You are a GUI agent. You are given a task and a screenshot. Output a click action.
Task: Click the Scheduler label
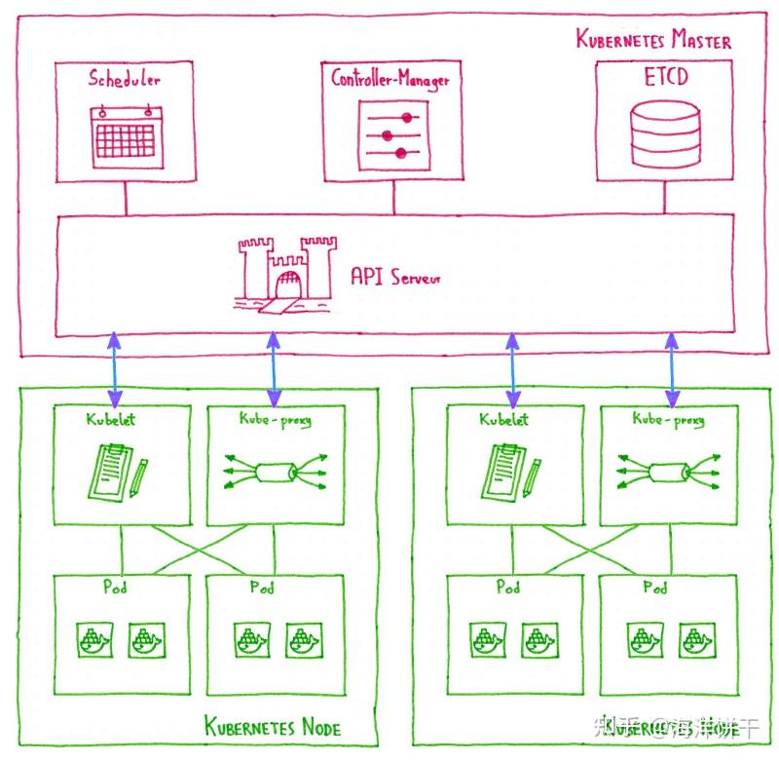[x=125, y=79]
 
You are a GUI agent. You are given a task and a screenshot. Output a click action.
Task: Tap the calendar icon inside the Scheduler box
[x=124, y=134]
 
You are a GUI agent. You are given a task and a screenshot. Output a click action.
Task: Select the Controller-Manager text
[x=389, y=79]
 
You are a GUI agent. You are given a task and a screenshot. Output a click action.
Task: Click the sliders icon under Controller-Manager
[x=392, y=134]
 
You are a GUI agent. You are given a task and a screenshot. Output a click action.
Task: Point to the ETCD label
[x=665, y=76]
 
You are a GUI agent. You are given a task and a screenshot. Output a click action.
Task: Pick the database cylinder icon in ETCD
[x=665, y=135]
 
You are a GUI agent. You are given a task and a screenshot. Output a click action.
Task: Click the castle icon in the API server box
[x=286, y=272]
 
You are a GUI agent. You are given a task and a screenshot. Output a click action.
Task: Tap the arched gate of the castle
[x=288, y=285]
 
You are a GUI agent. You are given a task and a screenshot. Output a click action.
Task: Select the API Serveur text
[x=394, y=277]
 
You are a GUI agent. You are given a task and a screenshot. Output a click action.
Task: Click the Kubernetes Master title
[x=653, y=40]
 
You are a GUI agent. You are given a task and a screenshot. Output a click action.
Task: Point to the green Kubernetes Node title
[x=273, y=726]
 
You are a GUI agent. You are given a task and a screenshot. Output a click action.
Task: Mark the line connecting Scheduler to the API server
[x=125, y=198]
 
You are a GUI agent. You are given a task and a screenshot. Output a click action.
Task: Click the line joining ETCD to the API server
[x=666, y=198]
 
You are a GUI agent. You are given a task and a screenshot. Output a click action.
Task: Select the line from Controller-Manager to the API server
[x=393, y=198]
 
